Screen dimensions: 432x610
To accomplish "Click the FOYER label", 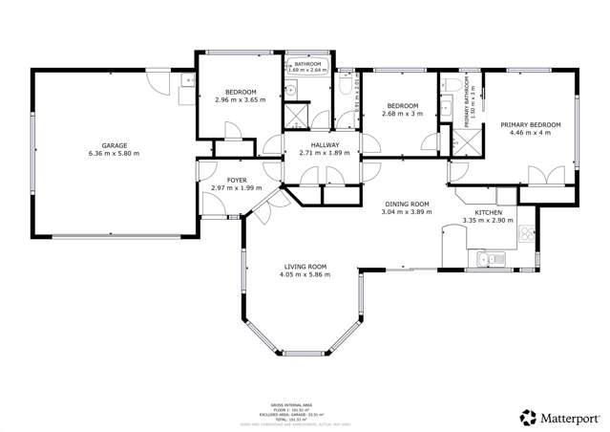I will click(222, 179).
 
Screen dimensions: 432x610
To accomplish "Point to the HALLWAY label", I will click(325, 144).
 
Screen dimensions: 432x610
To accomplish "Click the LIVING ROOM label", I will click(305, 266).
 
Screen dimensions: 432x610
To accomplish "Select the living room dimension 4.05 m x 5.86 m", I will click(305, 275).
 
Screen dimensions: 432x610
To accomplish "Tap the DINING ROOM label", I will click(408, 204).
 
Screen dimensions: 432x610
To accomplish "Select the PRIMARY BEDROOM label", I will click(530, 125).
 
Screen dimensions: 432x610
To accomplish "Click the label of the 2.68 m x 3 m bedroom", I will click(402, 106).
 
